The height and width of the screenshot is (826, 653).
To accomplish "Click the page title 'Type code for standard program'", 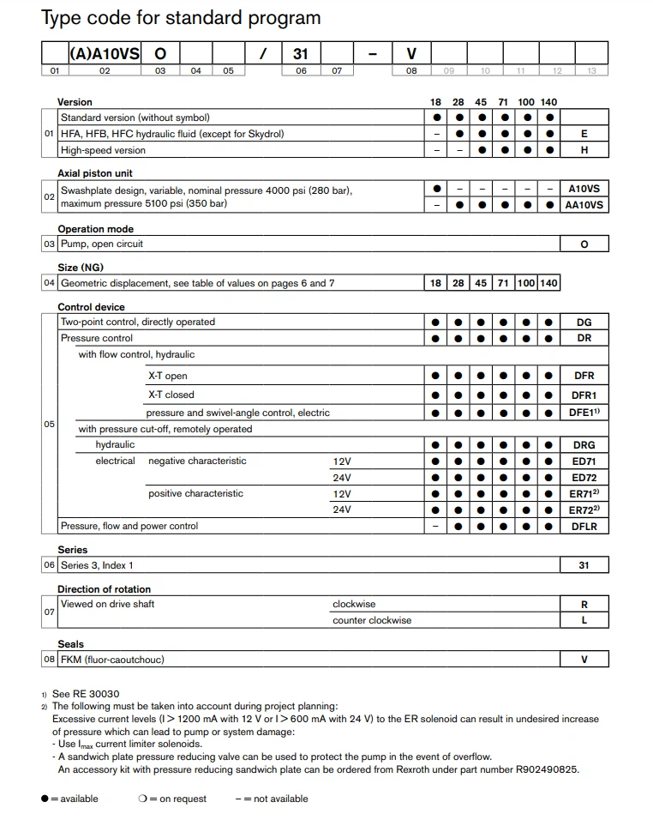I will coord(181,18).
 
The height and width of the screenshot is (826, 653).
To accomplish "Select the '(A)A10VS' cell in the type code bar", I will coord(105,53).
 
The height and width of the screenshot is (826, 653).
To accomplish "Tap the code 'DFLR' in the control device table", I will coord(584,527).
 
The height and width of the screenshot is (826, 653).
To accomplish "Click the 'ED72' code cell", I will coord(584,478).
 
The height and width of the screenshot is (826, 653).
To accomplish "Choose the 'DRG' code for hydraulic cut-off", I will coord(584,445).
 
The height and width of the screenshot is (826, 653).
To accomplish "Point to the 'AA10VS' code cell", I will coord(584,205).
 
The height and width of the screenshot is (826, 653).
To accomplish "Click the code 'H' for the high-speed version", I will coord(584,150).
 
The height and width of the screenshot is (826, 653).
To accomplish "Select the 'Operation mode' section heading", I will coord(95,229).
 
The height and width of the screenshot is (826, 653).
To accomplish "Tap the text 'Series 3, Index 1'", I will coord(97,565).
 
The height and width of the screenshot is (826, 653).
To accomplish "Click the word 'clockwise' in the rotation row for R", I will coord(354,604).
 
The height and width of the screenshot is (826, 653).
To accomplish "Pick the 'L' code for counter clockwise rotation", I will coord(584,620).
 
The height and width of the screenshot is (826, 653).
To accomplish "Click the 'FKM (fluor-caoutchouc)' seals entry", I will coord(112,660).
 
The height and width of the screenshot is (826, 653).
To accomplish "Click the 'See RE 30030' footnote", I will coord(86,694).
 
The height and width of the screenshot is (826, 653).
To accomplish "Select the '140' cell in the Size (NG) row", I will coord(548,283).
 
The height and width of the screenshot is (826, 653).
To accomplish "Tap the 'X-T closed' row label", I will coord(171,395).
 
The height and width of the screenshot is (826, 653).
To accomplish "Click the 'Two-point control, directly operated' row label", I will coord(137,322).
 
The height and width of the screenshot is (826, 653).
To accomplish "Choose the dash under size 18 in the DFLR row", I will coord(436,527).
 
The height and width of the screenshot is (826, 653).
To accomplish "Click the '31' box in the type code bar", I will coord(300,53).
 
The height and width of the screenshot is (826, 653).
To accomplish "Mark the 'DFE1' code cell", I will coord(584,413).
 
